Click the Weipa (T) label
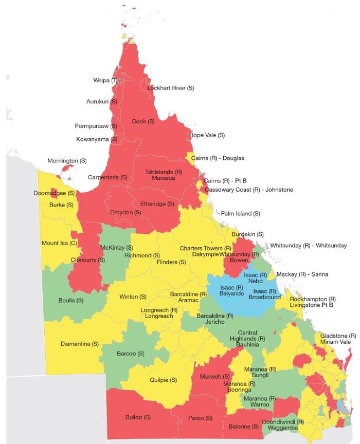click(x=105, y=81)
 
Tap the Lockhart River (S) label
click(x=170, y=88)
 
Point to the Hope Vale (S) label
click(x=207, y=135)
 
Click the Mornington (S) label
click(x=67, y=161)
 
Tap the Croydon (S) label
click(x=125, y=212)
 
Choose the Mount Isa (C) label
click(x=59, y=243)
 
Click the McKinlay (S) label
click(x=116, y=247)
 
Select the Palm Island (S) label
click(x=240, y=213)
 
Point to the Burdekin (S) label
click(x=247, y=234)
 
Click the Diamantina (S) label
click(x=79, y=344)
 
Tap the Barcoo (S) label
click(x=131, y=354)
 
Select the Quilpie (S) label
click(x=163, y=380)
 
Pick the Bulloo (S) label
click(x=137, y=417)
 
